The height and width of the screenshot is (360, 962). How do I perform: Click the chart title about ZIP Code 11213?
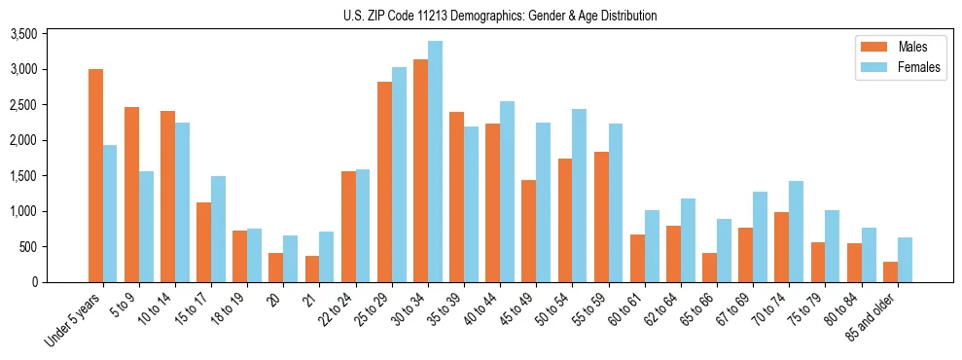(x=500, y=16)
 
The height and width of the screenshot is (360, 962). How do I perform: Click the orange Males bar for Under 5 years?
(x=95, y=175)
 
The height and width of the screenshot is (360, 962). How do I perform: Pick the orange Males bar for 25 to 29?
(x=384, y=182)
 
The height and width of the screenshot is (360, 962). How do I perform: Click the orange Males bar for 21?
(x=312, y=269)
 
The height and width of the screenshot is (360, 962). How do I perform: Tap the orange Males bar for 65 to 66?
(x=710, y=268)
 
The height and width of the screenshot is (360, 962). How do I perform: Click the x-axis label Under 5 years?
(x=73, y=320)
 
